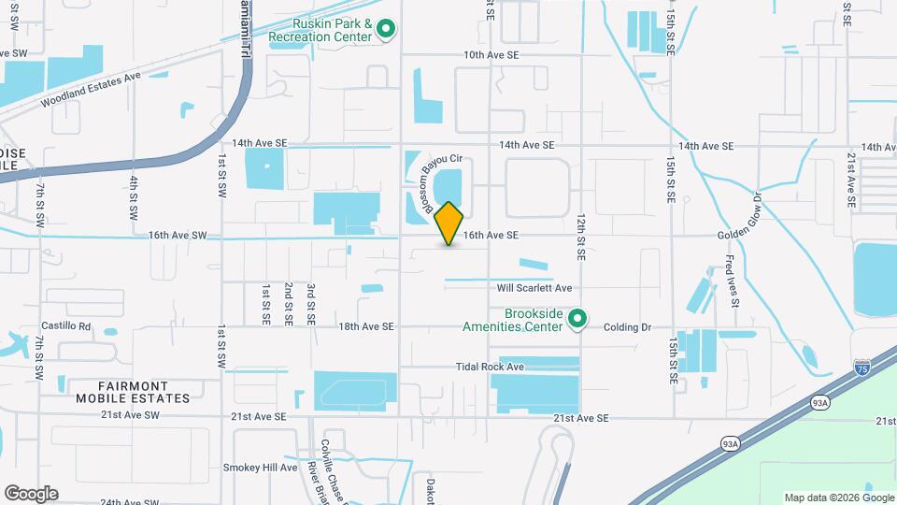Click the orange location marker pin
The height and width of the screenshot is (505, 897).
[449, 223]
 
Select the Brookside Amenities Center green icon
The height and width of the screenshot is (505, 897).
[577, 320]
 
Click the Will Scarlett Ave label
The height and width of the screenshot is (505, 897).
[534, 288]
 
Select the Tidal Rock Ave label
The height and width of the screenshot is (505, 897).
[490, 367]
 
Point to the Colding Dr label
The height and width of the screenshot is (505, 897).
[626, 327]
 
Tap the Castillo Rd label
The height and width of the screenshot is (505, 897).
[64, 327]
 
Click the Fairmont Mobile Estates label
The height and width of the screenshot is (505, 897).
[133, 391]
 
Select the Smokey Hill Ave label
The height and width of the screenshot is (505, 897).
[260, 468]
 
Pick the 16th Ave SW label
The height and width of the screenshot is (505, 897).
[177, 236]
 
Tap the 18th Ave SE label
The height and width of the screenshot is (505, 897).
[366, 327]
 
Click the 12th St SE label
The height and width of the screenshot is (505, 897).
[580, 234]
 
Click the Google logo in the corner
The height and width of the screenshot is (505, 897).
[31, 493]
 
